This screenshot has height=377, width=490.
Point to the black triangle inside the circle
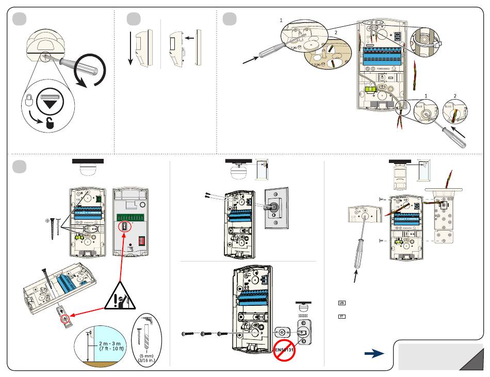tap(50, 102)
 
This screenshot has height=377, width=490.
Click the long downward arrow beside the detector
tap(130, 49)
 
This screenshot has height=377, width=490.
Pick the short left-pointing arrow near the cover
tap(189, 38)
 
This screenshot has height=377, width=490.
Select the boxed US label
tap(341, 303)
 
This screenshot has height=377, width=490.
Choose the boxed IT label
tap(341, 316)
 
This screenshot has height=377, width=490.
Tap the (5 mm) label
tap(148, 355)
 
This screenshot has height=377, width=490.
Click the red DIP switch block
tap(143, 228)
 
